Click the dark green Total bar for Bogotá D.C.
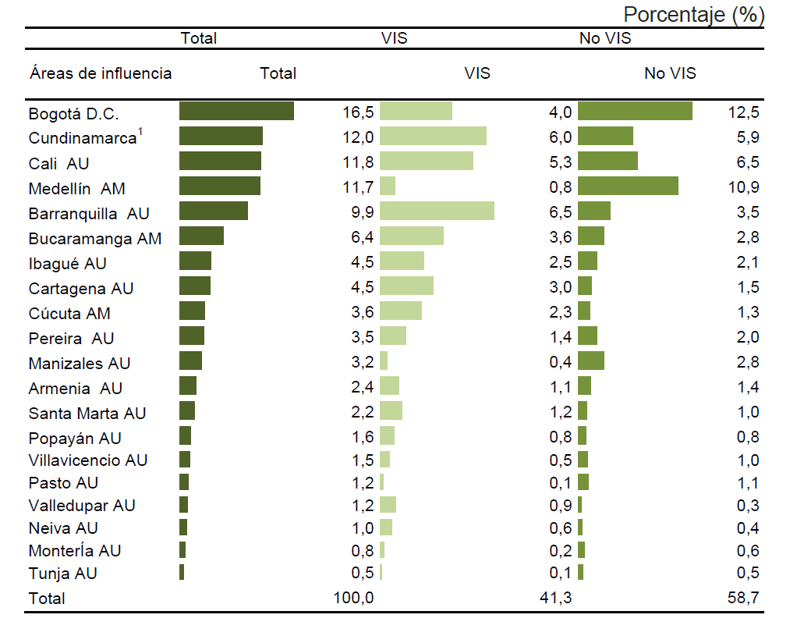(x=236, y=112)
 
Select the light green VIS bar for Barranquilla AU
(x=437, y=211)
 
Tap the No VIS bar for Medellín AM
(x=628, y=187)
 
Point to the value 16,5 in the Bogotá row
(x=358, y=112)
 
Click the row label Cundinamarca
(x=82, y=138)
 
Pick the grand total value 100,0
(x=353, y=599)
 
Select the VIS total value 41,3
(x=555, y=599)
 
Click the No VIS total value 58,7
(x=743, y=599)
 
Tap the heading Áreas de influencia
(x=101, y=73)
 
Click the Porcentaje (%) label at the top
(x=693, y=14)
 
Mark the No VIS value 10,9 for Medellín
(x=743, y=187)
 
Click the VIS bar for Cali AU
(x=426, y=162)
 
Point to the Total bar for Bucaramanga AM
(x=201, y=236)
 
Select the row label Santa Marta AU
(x=87, y=414)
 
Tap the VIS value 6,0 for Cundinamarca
(x=560, y=137)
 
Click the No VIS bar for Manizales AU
(x=591, y=361)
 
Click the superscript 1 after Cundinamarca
(x=140, y=132)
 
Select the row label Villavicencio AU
(x=88, y=460)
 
